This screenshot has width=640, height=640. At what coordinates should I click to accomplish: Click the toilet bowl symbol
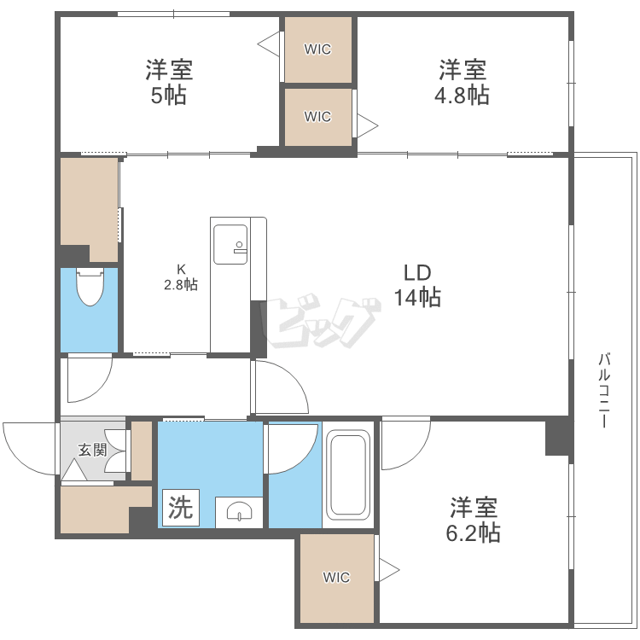[90, 286]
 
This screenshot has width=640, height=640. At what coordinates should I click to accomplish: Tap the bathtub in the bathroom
[348, 475]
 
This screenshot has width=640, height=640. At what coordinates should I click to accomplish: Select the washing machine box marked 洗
[181, 508]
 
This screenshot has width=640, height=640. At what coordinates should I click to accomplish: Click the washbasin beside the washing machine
[239, 512]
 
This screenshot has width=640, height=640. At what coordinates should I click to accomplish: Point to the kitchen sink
[230, 244]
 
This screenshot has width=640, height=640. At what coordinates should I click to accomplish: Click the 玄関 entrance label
[93, 450]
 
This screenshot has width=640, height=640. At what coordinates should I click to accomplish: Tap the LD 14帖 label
[417, 285]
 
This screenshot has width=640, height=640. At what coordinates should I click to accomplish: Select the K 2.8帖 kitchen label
[181, 277]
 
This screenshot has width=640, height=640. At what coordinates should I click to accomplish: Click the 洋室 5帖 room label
[170, 83]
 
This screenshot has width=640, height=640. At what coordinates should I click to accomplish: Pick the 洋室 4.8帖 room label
[462, 83]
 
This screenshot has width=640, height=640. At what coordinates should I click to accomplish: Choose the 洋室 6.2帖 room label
[474, 519]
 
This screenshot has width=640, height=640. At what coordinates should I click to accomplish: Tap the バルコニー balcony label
[604, 390]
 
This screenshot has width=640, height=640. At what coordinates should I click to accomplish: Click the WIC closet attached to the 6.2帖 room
[337, 578]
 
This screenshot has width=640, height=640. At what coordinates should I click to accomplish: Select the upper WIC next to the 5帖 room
[318, 49]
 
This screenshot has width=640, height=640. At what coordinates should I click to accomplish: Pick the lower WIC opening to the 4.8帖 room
[318, 117]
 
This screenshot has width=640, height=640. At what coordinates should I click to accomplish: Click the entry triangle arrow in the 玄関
[74, 469]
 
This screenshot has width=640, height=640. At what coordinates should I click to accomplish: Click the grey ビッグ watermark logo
[323, 321]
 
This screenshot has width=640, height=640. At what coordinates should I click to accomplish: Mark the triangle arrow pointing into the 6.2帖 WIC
[389, 570]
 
